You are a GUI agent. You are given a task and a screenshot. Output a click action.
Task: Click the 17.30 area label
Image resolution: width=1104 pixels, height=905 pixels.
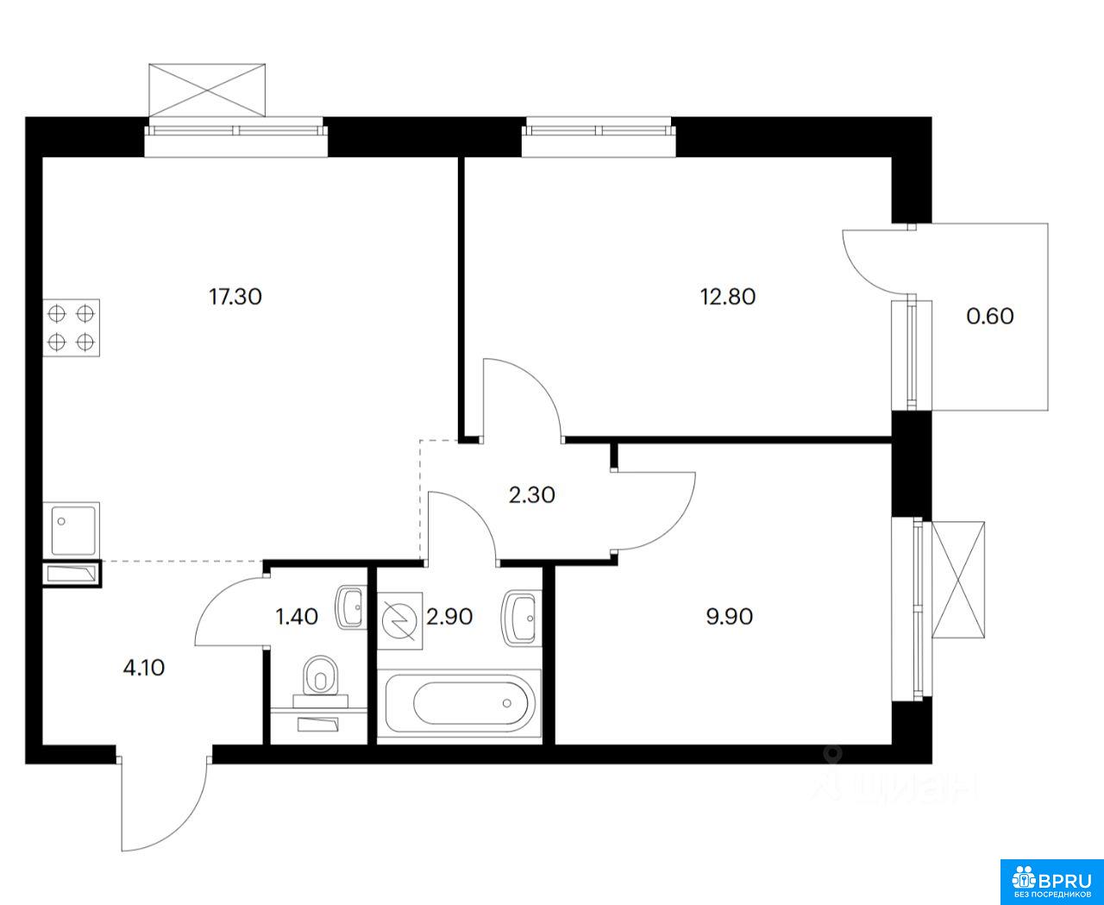point(235,297)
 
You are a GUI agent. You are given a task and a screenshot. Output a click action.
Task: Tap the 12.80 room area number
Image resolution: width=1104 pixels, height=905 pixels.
point(728,297)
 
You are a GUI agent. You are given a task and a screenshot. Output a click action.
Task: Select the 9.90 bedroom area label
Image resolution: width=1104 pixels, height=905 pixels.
point(729,617)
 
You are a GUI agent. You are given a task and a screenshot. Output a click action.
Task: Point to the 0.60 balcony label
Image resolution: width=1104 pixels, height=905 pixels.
point(990,317)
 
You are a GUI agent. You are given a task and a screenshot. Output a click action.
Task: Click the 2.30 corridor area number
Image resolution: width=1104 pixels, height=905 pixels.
point(532,495)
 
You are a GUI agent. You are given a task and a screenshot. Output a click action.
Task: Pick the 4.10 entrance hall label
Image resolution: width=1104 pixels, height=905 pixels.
point(144,669)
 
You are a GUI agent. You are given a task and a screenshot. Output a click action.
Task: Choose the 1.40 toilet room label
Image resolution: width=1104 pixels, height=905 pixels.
point(297,617)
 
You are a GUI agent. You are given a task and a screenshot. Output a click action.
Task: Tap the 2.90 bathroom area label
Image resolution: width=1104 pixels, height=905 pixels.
point(449,617)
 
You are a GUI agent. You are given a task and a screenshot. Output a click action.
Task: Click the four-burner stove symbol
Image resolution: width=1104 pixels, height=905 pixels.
point(72,328)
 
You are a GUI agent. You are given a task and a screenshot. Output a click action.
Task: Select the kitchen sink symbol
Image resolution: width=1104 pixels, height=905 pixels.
point(72,530)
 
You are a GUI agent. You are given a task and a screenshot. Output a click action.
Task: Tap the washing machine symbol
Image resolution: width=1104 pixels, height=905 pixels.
point(399,620)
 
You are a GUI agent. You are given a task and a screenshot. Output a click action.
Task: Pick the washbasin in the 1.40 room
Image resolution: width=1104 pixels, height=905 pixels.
point(349,607)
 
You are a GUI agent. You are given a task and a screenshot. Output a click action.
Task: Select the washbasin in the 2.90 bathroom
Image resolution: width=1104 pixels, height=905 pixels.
point(521,618)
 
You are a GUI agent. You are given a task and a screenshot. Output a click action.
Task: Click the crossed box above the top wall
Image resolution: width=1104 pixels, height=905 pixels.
point(207,90)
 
